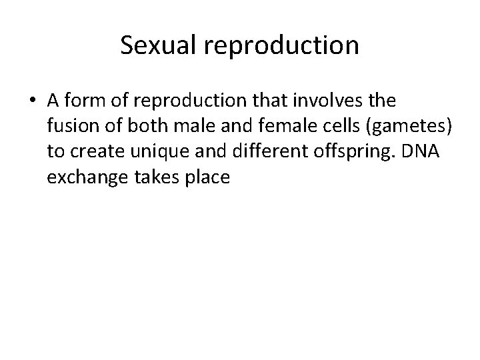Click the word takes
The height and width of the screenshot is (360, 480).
[x=152, y=178]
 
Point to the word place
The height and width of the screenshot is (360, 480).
[x=205, y=179]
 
